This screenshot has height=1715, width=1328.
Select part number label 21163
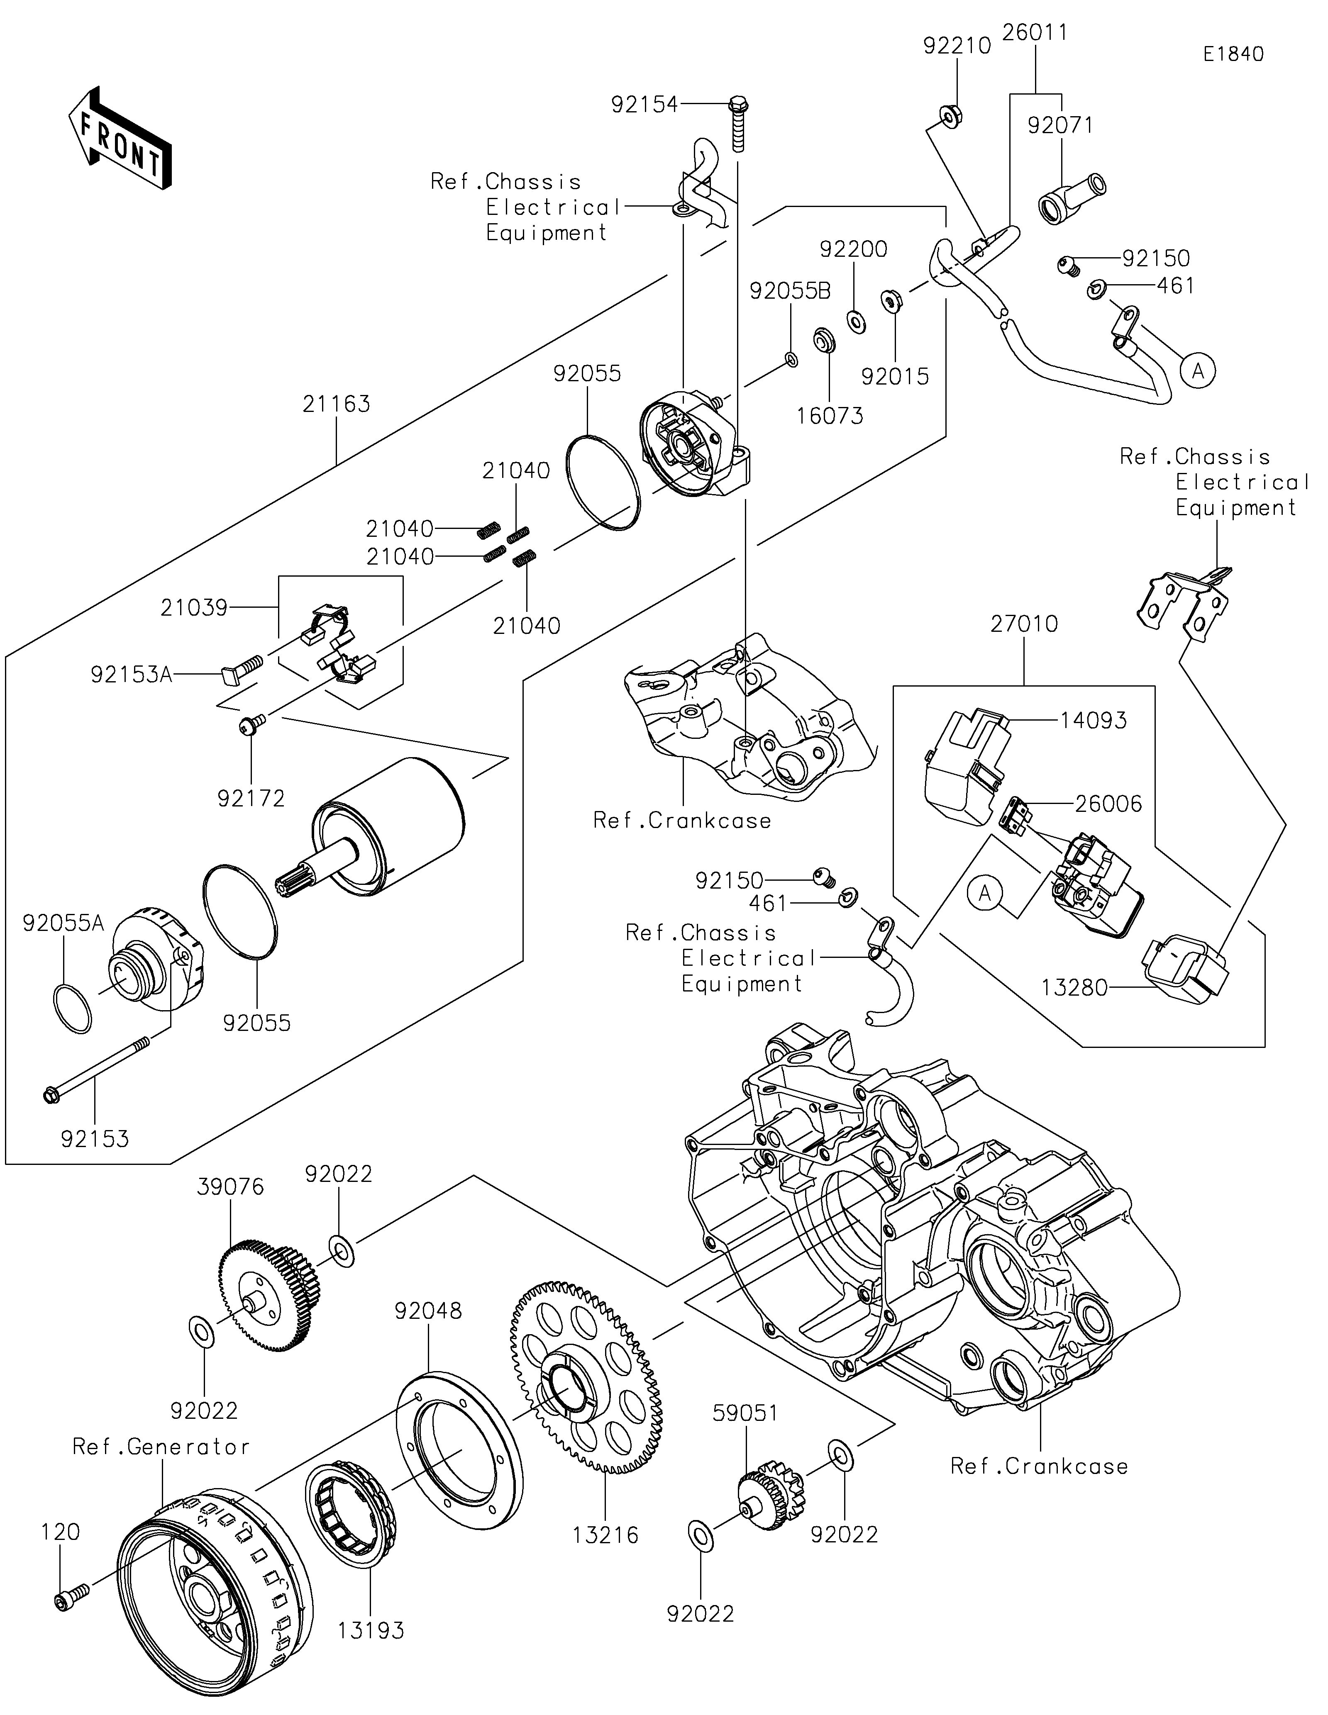[x=336, y=404]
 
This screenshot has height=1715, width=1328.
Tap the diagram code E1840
[x=1234, y=54]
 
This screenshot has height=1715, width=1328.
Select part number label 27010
[x=1024, y=624]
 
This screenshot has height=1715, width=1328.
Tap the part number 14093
[x=1093, y=720]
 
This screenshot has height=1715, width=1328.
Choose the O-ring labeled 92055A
[x=72, y=1009]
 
